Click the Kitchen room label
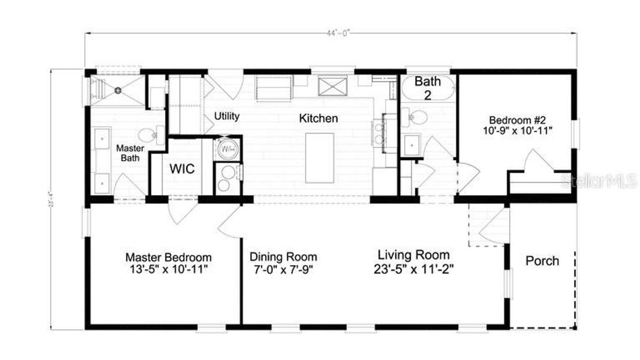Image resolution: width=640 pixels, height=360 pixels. click(318, 118)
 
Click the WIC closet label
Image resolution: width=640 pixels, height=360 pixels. click(181, 169)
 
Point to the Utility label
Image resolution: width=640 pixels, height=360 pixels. click(227, 116)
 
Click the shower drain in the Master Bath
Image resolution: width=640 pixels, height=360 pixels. click(118, 91)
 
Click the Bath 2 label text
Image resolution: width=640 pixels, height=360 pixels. click(427, 88)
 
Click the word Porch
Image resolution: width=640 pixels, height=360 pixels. click(542, 261)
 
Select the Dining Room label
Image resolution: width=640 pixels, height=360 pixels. click(283, 257)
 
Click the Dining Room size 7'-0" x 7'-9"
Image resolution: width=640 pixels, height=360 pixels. click(283, 270)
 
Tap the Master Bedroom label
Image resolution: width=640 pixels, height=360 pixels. click(168, 257)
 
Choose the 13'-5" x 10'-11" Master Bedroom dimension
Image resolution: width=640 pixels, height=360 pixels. click(168, 270)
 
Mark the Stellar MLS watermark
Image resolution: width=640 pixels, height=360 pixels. click(598, 181)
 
